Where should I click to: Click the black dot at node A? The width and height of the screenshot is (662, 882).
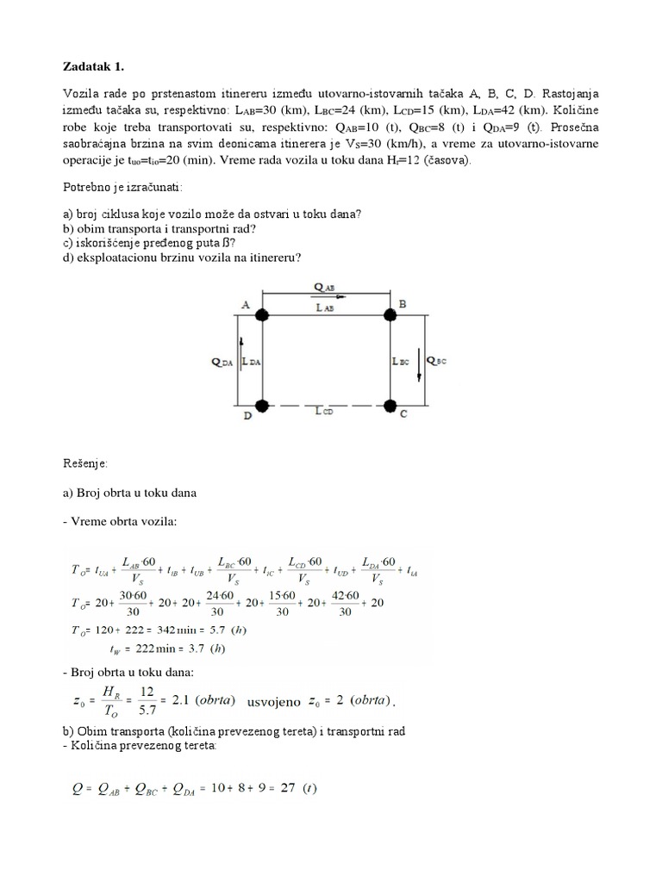point(262,315)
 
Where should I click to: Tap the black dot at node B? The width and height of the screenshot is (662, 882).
point(390,315)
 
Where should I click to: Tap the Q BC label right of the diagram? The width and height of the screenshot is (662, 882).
point(438,363)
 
